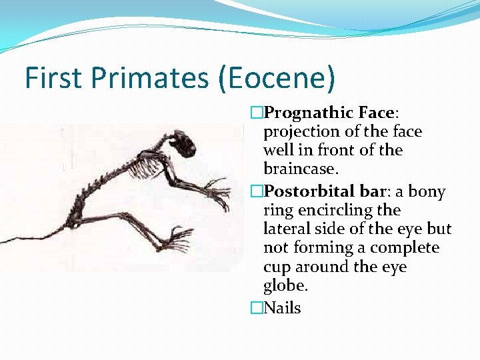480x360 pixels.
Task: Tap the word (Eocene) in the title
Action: [276, 78]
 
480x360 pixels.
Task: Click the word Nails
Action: [283, 308]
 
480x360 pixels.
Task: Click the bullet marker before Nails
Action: [257, 308]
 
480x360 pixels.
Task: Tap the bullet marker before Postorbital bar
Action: [257, 192]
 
